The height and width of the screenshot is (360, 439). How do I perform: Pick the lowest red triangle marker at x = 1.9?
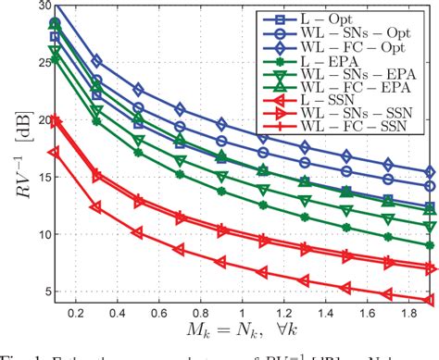[x=429, y=300]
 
